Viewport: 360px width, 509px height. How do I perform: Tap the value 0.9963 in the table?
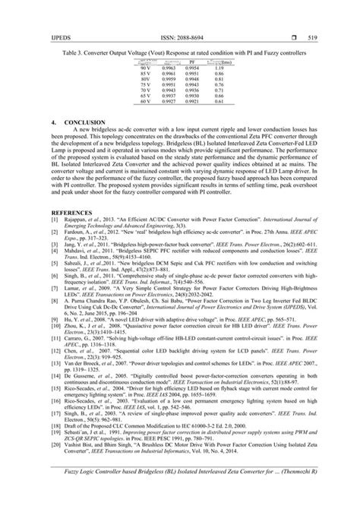(x=169, y=68)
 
